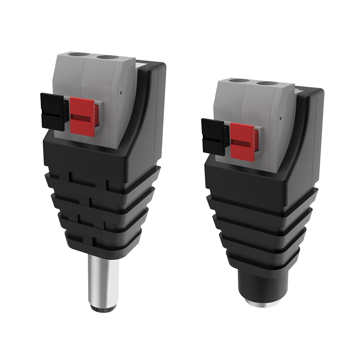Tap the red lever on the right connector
(243, 141)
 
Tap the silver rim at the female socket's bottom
(263, 304)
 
